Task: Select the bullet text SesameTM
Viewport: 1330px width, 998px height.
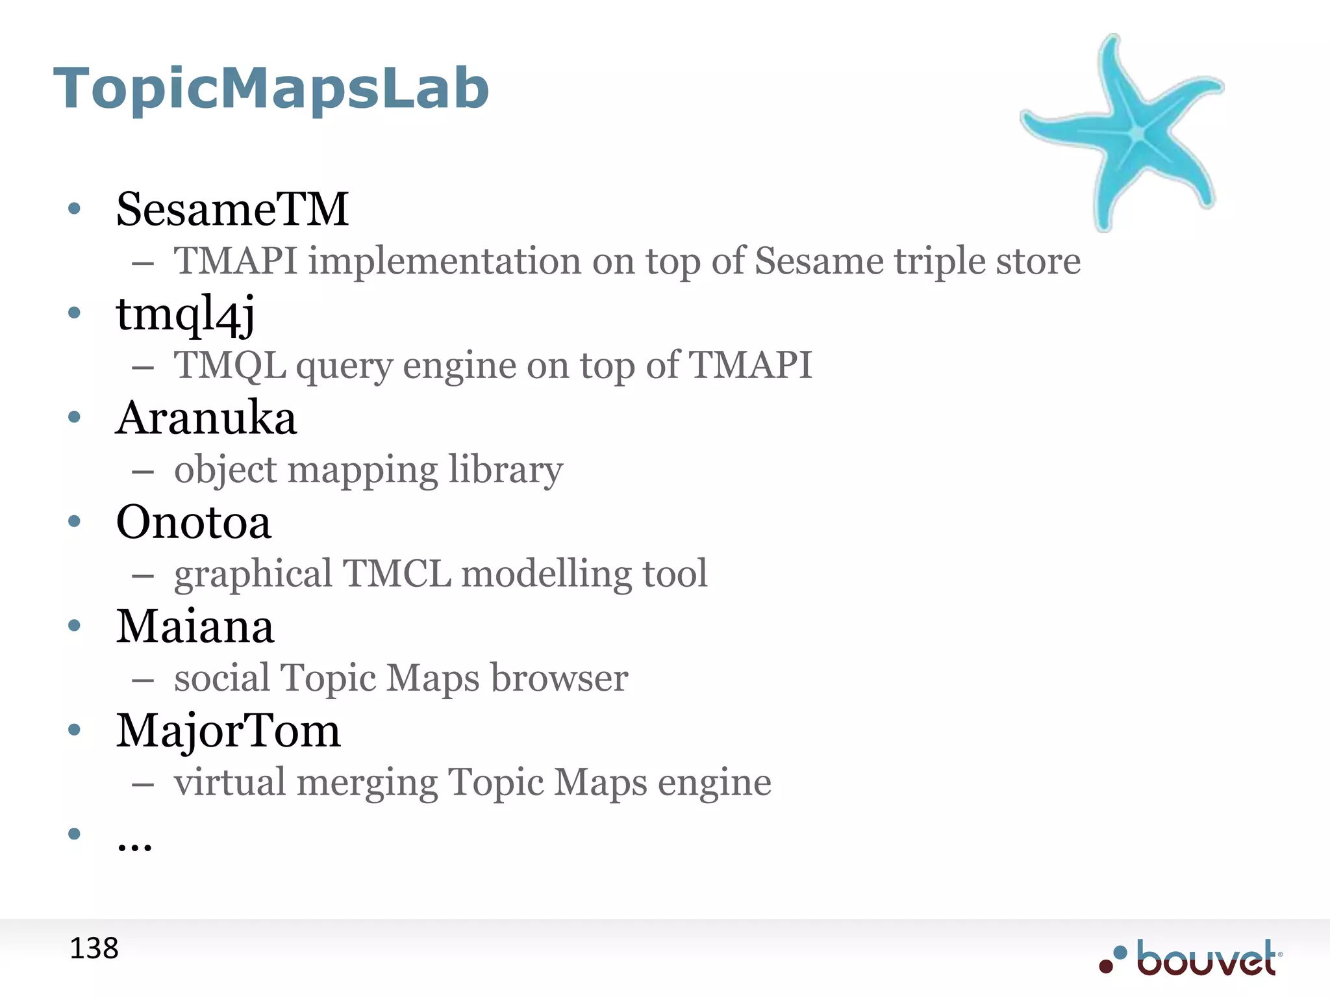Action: (x=232, y=209)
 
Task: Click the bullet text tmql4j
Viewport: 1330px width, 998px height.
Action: (x=185, y=314)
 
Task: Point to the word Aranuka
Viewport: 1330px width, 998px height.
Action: (x=206, y=418)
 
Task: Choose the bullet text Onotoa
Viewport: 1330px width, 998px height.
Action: (x=193, y=522)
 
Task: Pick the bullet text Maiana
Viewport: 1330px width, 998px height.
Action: (x=195, y=626)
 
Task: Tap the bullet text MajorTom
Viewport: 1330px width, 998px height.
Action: (x=228, y=731)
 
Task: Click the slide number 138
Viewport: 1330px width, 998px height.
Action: (x=94, y=949)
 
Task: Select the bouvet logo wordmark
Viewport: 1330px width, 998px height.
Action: (x=1207, y=958)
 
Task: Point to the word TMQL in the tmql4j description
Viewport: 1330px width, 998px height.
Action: (x=230, y=365)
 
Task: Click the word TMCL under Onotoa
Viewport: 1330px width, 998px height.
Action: (x=396, y=574)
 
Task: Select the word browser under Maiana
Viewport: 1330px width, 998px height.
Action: (x=559, y=678)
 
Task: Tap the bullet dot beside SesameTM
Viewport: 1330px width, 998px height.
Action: (x=74, y=209)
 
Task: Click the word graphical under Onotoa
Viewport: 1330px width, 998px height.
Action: (x=253, y=575)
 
